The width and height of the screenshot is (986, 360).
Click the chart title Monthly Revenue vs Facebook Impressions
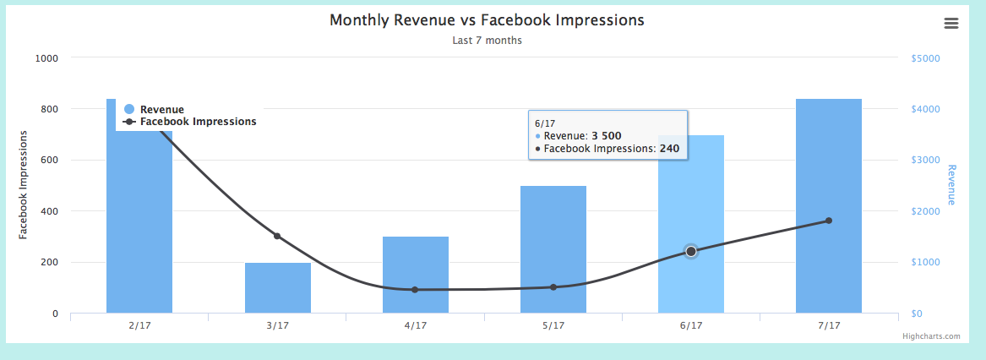[487, 20]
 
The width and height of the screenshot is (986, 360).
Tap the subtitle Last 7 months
[487, 41]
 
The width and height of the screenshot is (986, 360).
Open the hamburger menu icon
[951, 24]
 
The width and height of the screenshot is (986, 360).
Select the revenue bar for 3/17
[278, 288]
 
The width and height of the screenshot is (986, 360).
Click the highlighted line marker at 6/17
[691, 252]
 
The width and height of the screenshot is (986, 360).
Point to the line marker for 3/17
[277, 236]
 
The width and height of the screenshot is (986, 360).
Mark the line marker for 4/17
[415, 290]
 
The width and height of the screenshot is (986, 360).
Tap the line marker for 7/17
[829, 221]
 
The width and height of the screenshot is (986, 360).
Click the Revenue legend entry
[161, 109]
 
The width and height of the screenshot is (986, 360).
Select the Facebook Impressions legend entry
[198, 122]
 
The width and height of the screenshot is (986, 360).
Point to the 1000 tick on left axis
[46, 58]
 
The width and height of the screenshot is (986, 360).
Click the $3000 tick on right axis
[926, 161]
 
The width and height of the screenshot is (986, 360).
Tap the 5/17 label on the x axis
[553, 325]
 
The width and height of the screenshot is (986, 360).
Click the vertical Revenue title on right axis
[951, 185]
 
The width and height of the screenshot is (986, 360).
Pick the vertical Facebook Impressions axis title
[24, 185]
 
